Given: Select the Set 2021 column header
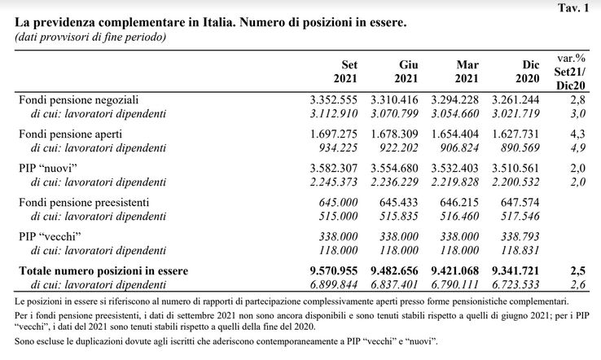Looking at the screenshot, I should (345, 72).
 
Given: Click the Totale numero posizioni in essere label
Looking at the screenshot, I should (103, 270).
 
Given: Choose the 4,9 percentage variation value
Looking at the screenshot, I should (577, 147).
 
